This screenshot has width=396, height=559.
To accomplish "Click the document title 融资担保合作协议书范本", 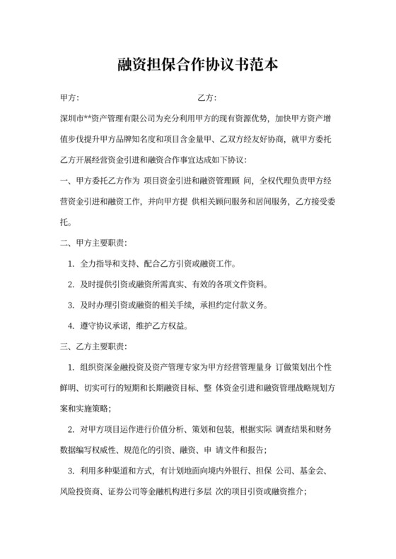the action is click(198, 66).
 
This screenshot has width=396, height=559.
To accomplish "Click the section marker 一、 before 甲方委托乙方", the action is click(66, 181).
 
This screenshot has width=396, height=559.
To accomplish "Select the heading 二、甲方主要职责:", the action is click(95, 244).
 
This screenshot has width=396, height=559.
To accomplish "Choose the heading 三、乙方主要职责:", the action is click(95, 347).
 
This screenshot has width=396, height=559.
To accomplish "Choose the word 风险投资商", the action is click(82, 491).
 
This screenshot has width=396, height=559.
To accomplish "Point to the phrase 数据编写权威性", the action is click(91, 450).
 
